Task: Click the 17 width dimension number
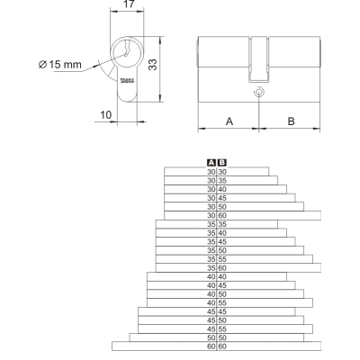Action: coord(129,4)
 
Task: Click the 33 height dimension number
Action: coord(153,65)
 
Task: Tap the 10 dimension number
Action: coord(105,114)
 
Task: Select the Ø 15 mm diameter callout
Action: coord(60,64)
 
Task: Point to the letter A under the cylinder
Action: coord(229,121)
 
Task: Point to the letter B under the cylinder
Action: coord(291,121)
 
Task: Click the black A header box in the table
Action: coord(211,163)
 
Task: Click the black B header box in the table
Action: coord(222,163)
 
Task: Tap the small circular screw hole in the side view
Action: coord(258,93)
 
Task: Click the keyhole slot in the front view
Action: coord(127,49)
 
